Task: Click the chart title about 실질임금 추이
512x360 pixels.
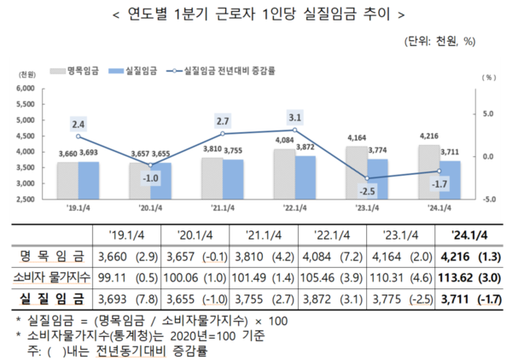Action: pos(255,15)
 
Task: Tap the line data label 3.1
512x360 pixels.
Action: pos(294,117)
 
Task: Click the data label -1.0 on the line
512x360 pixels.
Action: pos(150,177)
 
